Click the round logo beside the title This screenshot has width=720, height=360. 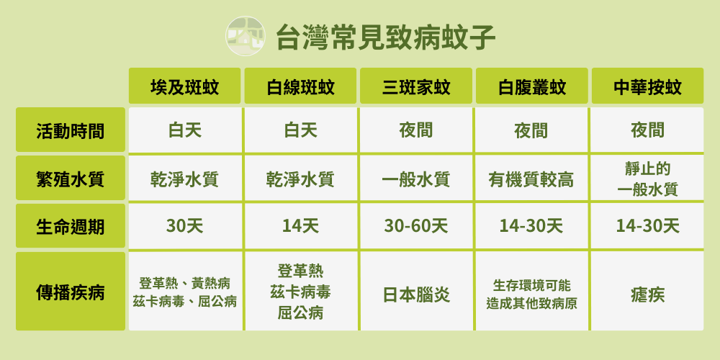[x=246, y=36]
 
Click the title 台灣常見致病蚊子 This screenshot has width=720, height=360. [x=385, y=37]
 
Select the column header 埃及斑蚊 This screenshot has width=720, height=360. [x=184, y=86]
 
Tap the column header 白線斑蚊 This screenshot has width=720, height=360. [x=300, y=86]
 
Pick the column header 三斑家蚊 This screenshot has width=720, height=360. [x=416, y=86]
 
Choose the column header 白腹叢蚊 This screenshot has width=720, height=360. [x=532, y=86]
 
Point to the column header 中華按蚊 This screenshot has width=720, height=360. [x=647, y=86]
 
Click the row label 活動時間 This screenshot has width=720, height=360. [x=71, y=130]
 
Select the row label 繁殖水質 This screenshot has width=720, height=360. [x=71, y=178]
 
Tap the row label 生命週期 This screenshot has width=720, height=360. [x=71, y=226]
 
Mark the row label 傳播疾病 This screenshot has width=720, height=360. [x=71, y=291]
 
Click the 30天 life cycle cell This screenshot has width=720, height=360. [x=184, y=226]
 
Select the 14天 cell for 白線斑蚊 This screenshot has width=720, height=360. [x=300, y=226]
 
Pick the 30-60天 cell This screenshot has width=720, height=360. [x=416, y=226]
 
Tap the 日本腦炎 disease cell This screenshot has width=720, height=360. [x=416, y=294]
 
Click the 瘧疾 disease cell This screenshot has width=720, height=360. [x=647, y=294]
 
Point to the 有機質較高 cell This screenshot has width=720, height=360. [x=532, y=179]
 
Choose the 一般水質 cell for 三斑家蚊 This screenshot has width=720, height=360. [x=416, y=179]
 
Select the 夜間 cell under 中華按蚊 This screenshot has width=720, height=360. [x=647, y=131]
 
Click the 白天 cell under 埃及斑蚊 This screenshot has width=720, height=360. [x=184, y=131]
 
